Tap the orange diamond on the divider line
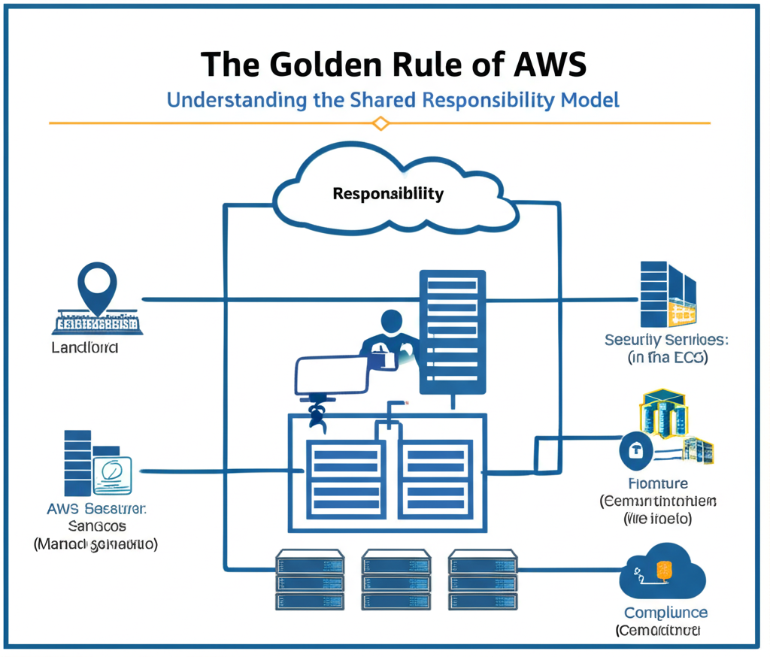(x=381, y=123)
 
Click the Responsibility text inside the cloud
(x=388, y=193)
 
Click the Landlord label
(x=84, y=348)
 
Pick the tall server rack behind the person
(x=451, y=331)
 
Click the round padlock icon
(x=635, y=451)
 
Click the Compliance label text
(x=665, y=613)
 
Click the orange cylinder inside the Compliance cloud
(x=664, y=571)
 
